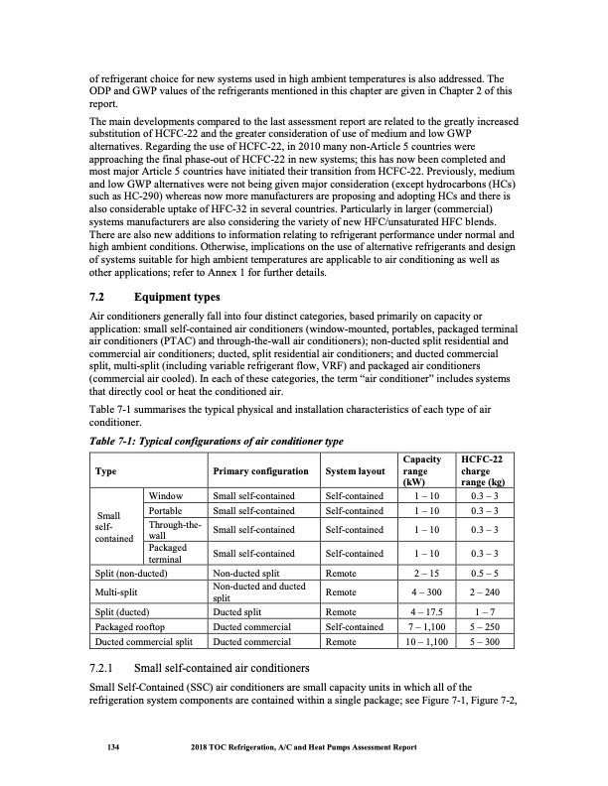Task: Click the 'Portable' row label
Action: (x=168, y=510)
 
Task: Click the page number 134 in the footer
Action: (x=99, y=747)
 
